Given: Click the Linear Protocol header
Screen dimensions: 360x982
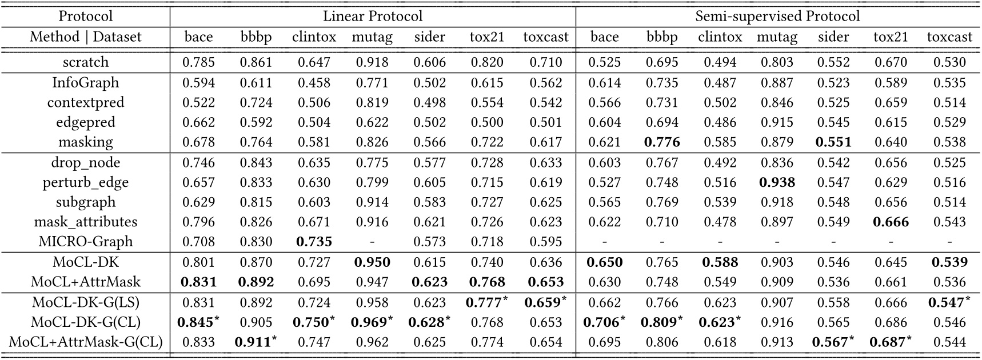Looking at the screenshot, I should click(373, 16).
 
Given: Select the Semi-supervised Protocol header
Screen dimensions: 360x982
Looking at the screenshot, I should click(777, 16).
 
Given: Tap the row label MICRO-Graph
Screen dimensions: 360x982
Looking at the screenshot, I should click(85, 242).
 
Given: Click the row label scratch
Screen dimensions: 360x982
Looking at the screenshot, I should click(85, 62).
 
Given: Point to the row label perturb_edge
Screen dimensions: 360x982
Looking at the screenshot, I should click(85, 182).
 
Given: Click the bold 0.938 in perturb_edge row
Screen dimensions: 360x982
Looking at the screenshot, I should click(777, 182).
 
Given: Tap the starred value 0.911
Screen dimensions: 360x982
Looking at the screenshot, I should click(254, 342).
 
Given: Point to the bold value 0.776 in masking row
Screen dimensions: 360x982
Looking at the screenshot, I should click(662, 142).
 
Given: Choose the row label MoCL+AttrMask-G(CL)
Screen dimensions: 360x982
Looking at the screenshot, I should click(85, 342).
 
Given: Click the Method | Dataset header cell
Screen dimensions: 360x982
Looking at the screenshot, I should click(85, 37).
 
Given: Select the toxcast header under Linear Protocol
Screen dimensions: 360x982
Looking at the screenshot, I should click(546, 37).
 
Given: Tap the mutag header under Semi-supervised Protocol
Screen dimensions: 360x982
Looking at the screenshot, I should click(777, 37).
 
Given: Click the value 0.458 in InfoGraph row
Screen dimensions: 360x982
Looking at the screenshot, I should click(314, 82).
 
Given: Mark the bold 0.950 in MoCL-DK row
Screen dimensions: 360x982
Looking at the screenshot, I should click(372, 262).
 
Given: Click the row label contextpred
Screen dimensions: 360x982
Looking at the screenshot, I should click(85, 102).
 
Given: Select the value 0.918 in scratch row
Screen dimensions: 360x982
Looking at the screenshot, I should click(372, 62).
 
